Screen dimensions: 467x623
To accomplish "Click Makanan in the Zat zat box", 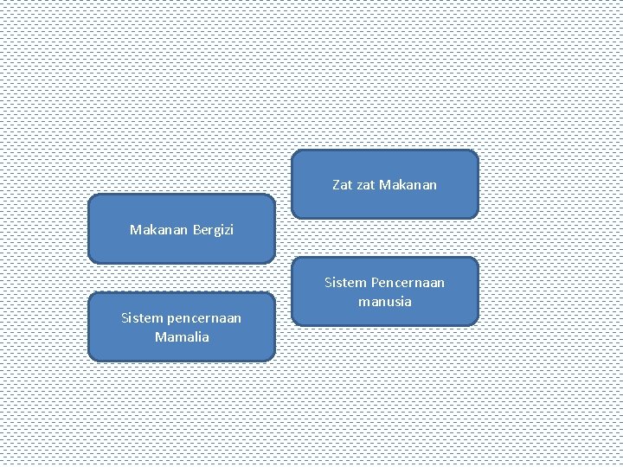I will click(408, 184).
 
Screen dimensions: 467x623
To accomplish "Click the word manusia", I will click(385, 302).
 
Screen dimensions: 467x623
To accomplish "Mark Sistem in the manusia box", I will click(344, 283).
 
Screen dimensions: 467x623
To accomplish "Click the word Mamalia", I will click(182, 336).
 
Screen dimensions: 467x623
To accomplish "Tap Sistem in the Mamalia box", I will click(140, 318).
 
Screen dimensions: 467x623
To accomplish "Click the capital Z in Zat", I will click(336, 184).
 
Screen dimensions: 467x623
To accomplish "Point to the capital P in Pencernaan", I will click(373, 283).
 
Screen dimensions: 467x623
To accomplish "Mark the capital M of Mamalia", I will click(160, 336).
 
